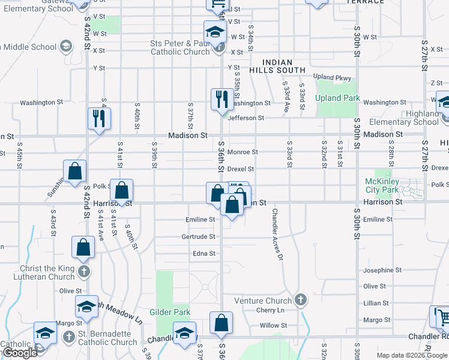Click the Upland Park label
[337, 98]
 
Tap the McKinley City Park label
[382, 185]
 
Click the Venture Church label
[262, 300]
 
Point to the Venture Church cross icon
[300, 299]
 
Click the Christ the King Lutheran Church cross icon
[83, 271]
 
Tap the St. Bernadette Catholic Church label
[107, 342]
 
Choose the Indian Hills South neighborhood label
[277, 67]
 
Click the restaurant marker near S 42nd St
[98, 119]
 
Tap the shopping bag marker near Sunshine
[74, 172]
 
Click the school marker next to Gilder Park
[184, 334]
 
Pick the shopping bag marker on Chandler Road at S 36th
[221, 323]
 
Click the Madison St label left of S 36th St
[187, 136]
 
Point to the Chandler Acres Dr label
[277, 235]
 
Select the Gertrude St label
[198, 236]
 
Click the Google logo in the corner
[19, 352]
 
